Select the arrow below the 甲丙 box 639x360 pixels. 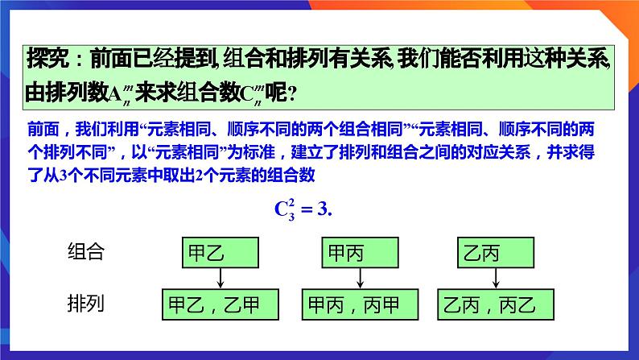coord(360,279)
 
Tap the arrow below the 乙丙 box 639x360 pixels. coord(493,279)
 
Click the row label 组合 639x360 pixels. coord(86,253)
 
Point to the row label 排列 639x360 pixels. coord(86,304)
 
